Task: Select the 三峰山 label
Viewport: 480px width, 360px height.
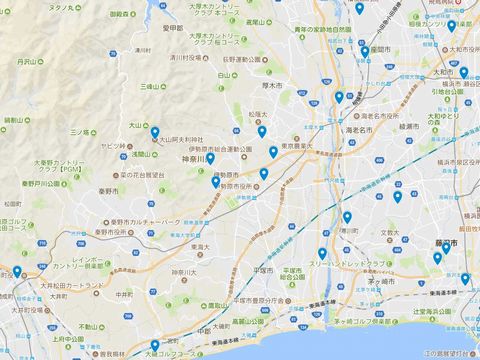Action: [x=151, y=86]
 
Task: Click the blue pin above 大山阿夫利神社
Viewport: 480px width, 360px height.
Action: [x=155, y=131]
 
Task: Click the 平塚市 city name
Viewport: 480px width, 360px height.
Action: [x=262, y=271]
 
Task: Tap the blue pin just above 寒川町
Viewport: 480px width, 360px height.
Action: [x=347, y=217]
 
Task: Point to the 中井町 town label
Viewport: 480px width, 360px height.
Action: [x=124, y=295]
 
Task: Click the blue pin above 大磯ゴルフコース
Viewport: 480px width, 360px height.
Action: [x=154, y=345]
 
